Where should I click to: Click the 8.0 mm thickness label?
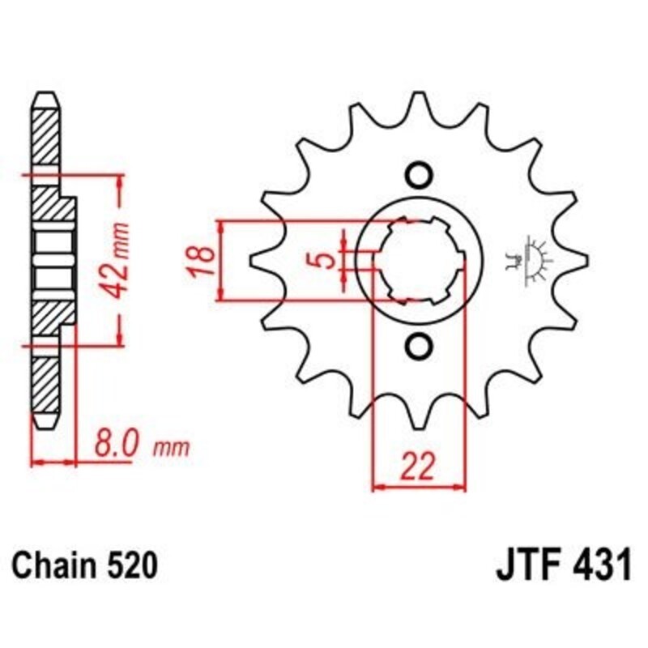[x=138, y=445]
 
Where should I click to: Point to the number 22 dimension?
[x=419, y=467]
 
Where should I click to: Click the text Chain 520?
[x=83, y=565]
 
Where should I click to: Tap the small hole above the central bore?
[x=418, y=175]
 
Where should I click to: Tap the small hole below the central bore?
[x=418, y=346]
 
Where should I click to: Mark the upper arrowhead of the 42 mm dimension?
[x=120, y=181]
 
